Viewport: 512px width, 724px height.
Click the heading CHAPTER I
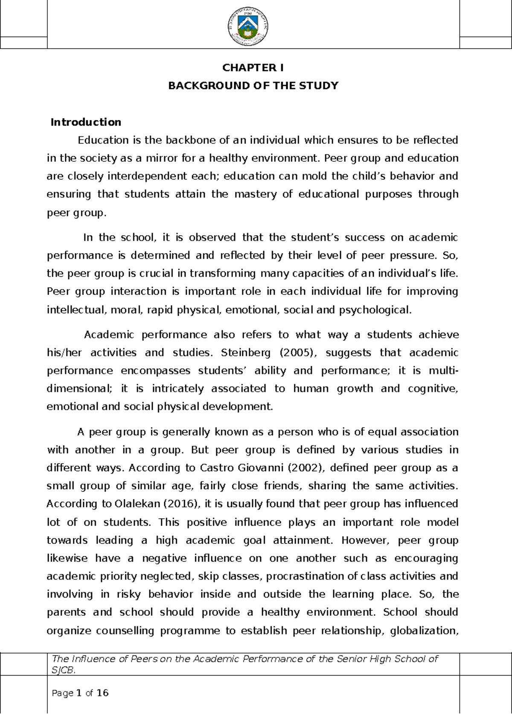coord(253,68)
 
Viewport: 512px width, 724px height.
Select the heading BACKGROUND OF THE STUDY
coord(253,86)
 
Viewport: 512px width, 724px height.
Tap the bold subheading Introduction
coord(86,123)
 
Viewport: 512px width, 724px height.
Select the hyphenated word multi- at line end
coord(443,371)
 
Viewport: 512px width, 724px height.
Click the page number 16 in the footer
coord(103,693)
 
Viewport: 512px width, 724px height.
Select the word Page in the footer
coord(62,693)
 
